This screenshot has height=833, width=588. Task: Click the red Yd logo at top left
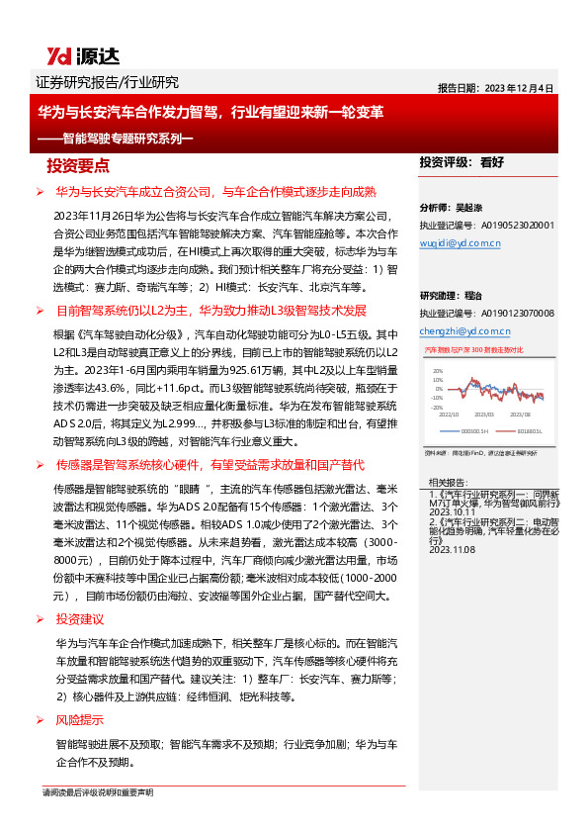click(55, 56)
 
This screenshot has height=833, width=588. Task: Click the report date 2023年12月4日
click(497, 87)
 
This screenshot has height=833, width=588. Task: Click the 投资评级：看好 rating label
click(462, 161)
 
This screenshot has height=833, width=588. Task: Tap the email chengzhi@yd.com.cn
click(464, 330)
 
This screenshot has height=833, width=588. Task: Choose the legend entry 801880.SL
click(523, 430)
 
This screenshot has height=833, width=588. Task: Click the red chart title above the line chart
click(473, 350)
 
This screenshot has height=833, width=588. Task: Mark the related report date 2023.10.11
click(451, 513)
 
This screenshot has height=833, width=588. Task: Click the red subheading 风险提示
click(78, 719)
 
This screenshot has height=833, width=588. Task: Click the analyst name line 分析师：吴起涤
click(449, 209)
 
